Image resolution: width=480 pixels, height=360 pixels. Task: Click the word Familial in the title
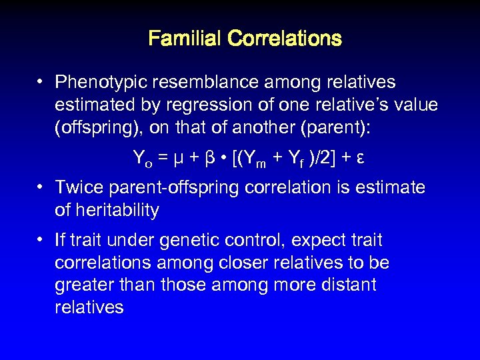tap(185, 38)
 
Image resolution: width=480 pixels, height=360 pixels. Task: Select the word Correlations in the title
tap(284, 38)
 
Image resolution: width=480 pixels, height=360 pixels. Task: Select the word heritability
tap(117, 211)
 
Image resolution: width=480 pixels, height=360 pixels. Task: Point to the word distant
tap(349, 285)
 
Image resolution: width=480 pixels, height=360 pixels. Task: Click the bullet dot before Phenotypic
tap(41, 83)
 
